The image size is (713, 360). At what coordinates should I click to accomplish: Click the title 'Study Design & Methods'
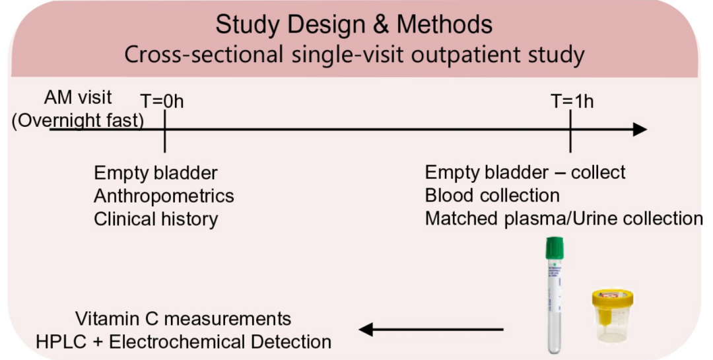354,25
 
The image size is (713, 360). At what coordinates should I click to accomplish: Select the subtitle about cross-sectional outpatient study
354,55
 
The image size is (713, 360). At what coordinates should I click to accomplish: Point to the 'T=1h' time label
572,102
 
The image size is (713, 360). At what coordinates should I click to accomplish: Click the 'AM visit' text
78,97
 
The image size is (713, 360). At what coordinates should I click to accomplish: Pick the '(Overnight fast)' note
78,122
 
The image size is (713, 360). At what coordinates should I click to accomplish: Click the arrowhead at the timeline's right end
639,129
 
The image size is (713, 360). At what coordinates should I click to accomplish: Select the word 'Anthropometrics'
164,196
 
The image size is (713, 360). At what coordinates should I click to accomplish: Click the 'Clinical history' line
156,219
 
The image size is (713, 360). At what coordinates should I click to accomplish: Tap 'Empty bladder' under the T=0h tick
156,174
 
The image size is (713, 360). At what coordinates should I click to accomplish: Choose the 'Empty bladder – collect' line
525,173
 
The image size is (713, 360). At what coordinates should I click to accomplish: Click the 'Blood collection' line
492,196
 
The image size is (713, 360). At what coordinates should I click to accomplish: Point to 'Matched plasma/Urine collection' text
564,219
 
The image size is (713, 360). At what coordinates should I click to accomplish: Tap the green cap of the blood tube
554,250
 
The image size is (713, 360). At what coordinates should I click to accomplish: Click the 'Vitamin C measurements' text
183,319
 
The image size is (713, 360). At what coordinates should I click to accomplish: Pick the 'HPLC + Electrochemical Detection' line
183,342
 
